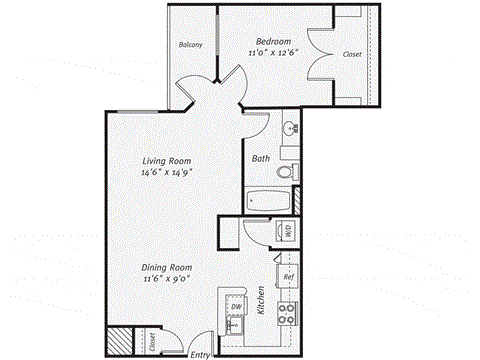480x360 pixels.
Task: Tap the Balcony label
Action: point(191,45)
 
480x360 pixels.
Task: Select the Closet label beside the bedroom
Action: point(351,54)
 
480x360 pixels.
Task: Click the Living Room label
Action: point(166,160)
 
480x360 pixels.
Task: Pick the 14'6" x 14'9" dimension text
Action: point(166,173)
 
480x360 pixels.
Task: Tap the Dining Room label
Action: point(167,268)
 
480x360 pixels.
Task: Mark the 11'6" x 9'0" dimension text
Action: point(167,281)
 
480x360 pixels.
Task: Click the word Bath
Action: point(261,158)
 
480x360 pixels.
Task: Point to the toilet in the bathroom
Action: point(283,173)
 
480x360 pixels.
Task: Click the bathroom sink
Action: point(288,128)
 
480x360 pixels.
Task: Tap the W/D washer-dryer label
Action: point(288,229)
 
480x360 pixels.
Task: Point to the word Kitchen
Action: point(261,301)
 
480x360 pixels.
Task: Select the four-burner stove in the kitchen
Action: point(285,315)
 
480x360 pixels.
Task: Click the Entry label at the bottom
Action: point(201,353)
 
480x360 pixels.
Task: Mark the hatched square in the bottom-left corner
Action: point(120,340)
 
